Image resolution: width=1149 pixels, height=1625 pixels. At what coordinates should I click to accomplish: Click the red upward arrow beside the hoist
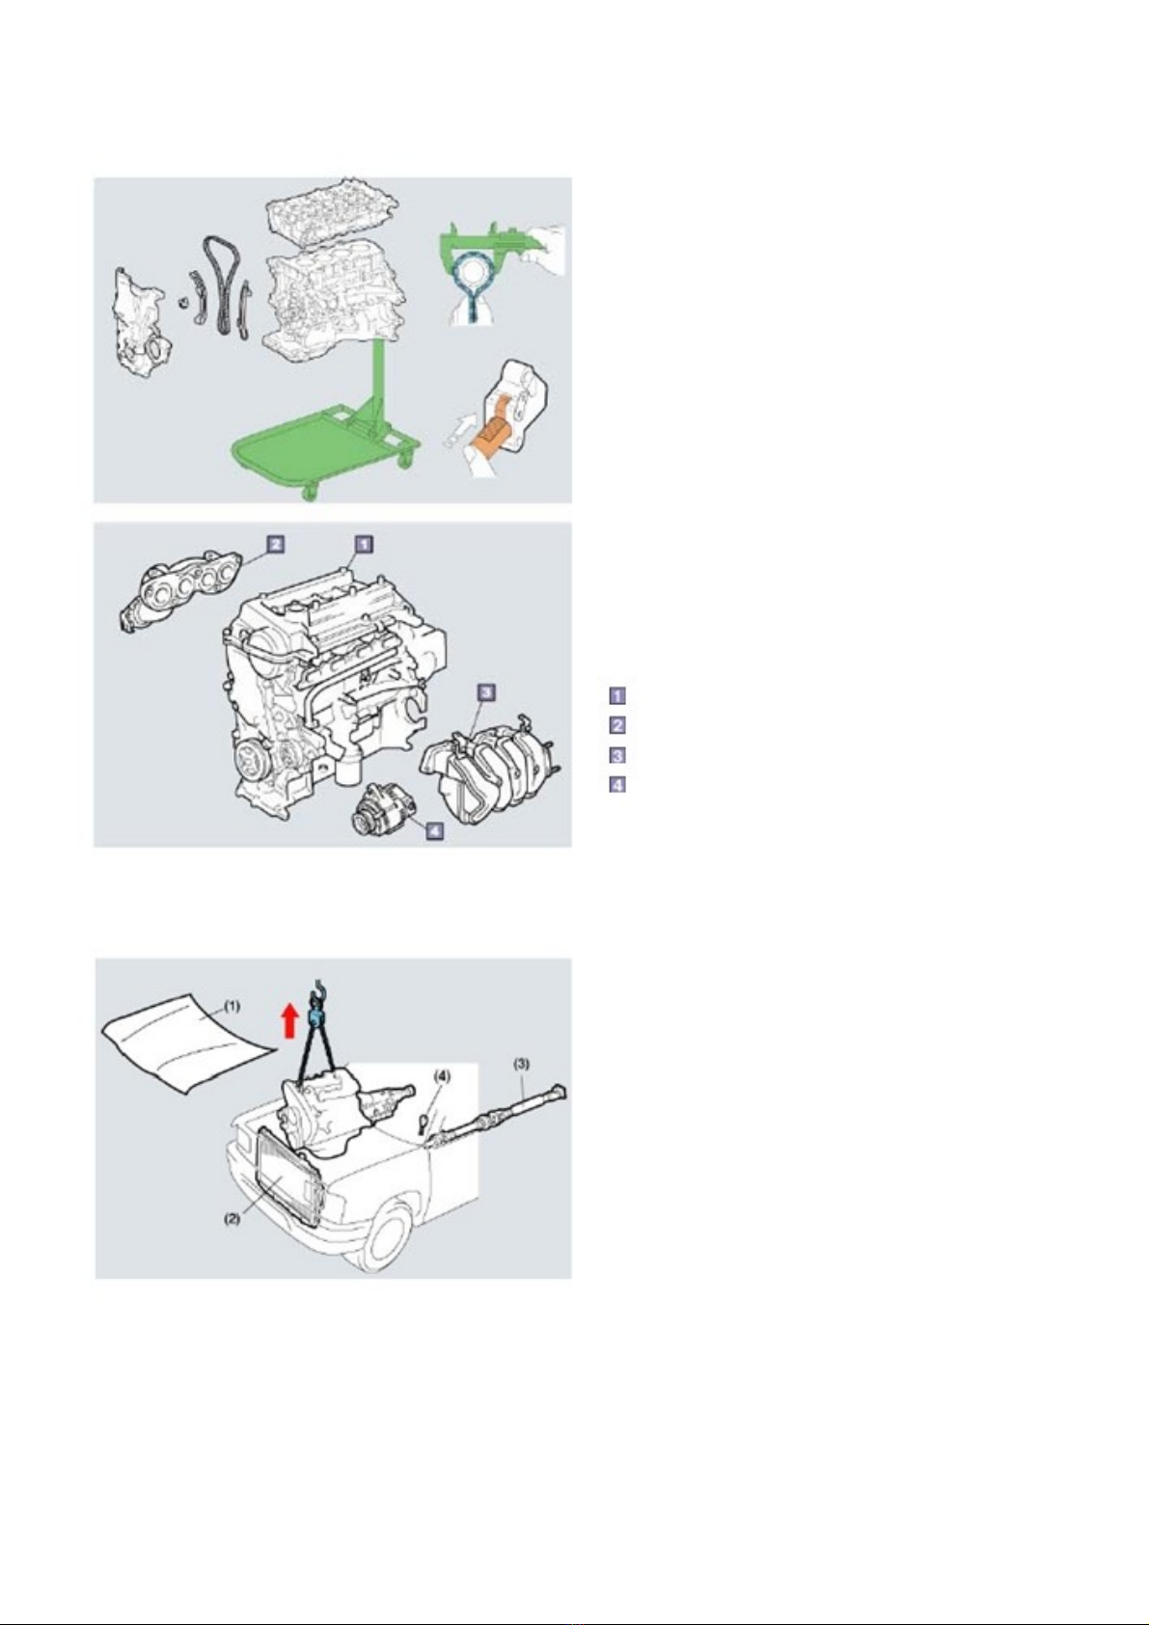(289, 1021)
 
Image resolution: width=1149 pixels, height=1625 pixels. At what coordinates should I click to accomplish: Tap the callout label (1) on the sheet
(232, 1006)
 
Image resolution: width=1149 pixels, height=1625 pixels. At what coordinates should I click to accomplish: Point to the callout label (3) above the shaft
(521, 1065)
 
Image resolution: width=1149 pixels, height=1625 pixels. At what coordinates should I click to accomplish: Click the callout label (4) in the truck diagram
(442, 1076)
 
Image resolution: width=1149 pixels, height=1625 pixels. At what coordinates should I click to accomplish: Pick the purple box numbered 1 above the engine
(364, 543)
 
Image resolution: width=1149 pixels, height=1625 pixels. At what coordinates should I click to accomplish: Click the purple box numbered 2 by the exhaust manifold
(275, 543)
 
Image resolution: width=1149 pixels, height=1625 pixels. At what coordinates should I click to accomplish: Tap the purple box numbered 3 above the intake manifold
(486, 691)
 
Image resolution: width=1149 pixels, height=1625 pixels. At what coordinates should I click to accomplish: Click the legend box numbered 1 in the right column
(616, 695)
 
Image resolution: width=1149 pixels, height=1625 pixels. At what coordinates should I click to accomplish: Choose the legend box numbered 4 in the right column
(616, 785)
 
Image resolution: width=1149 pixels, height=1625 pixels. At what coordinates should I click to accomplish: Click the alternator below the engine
(382, 809)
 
